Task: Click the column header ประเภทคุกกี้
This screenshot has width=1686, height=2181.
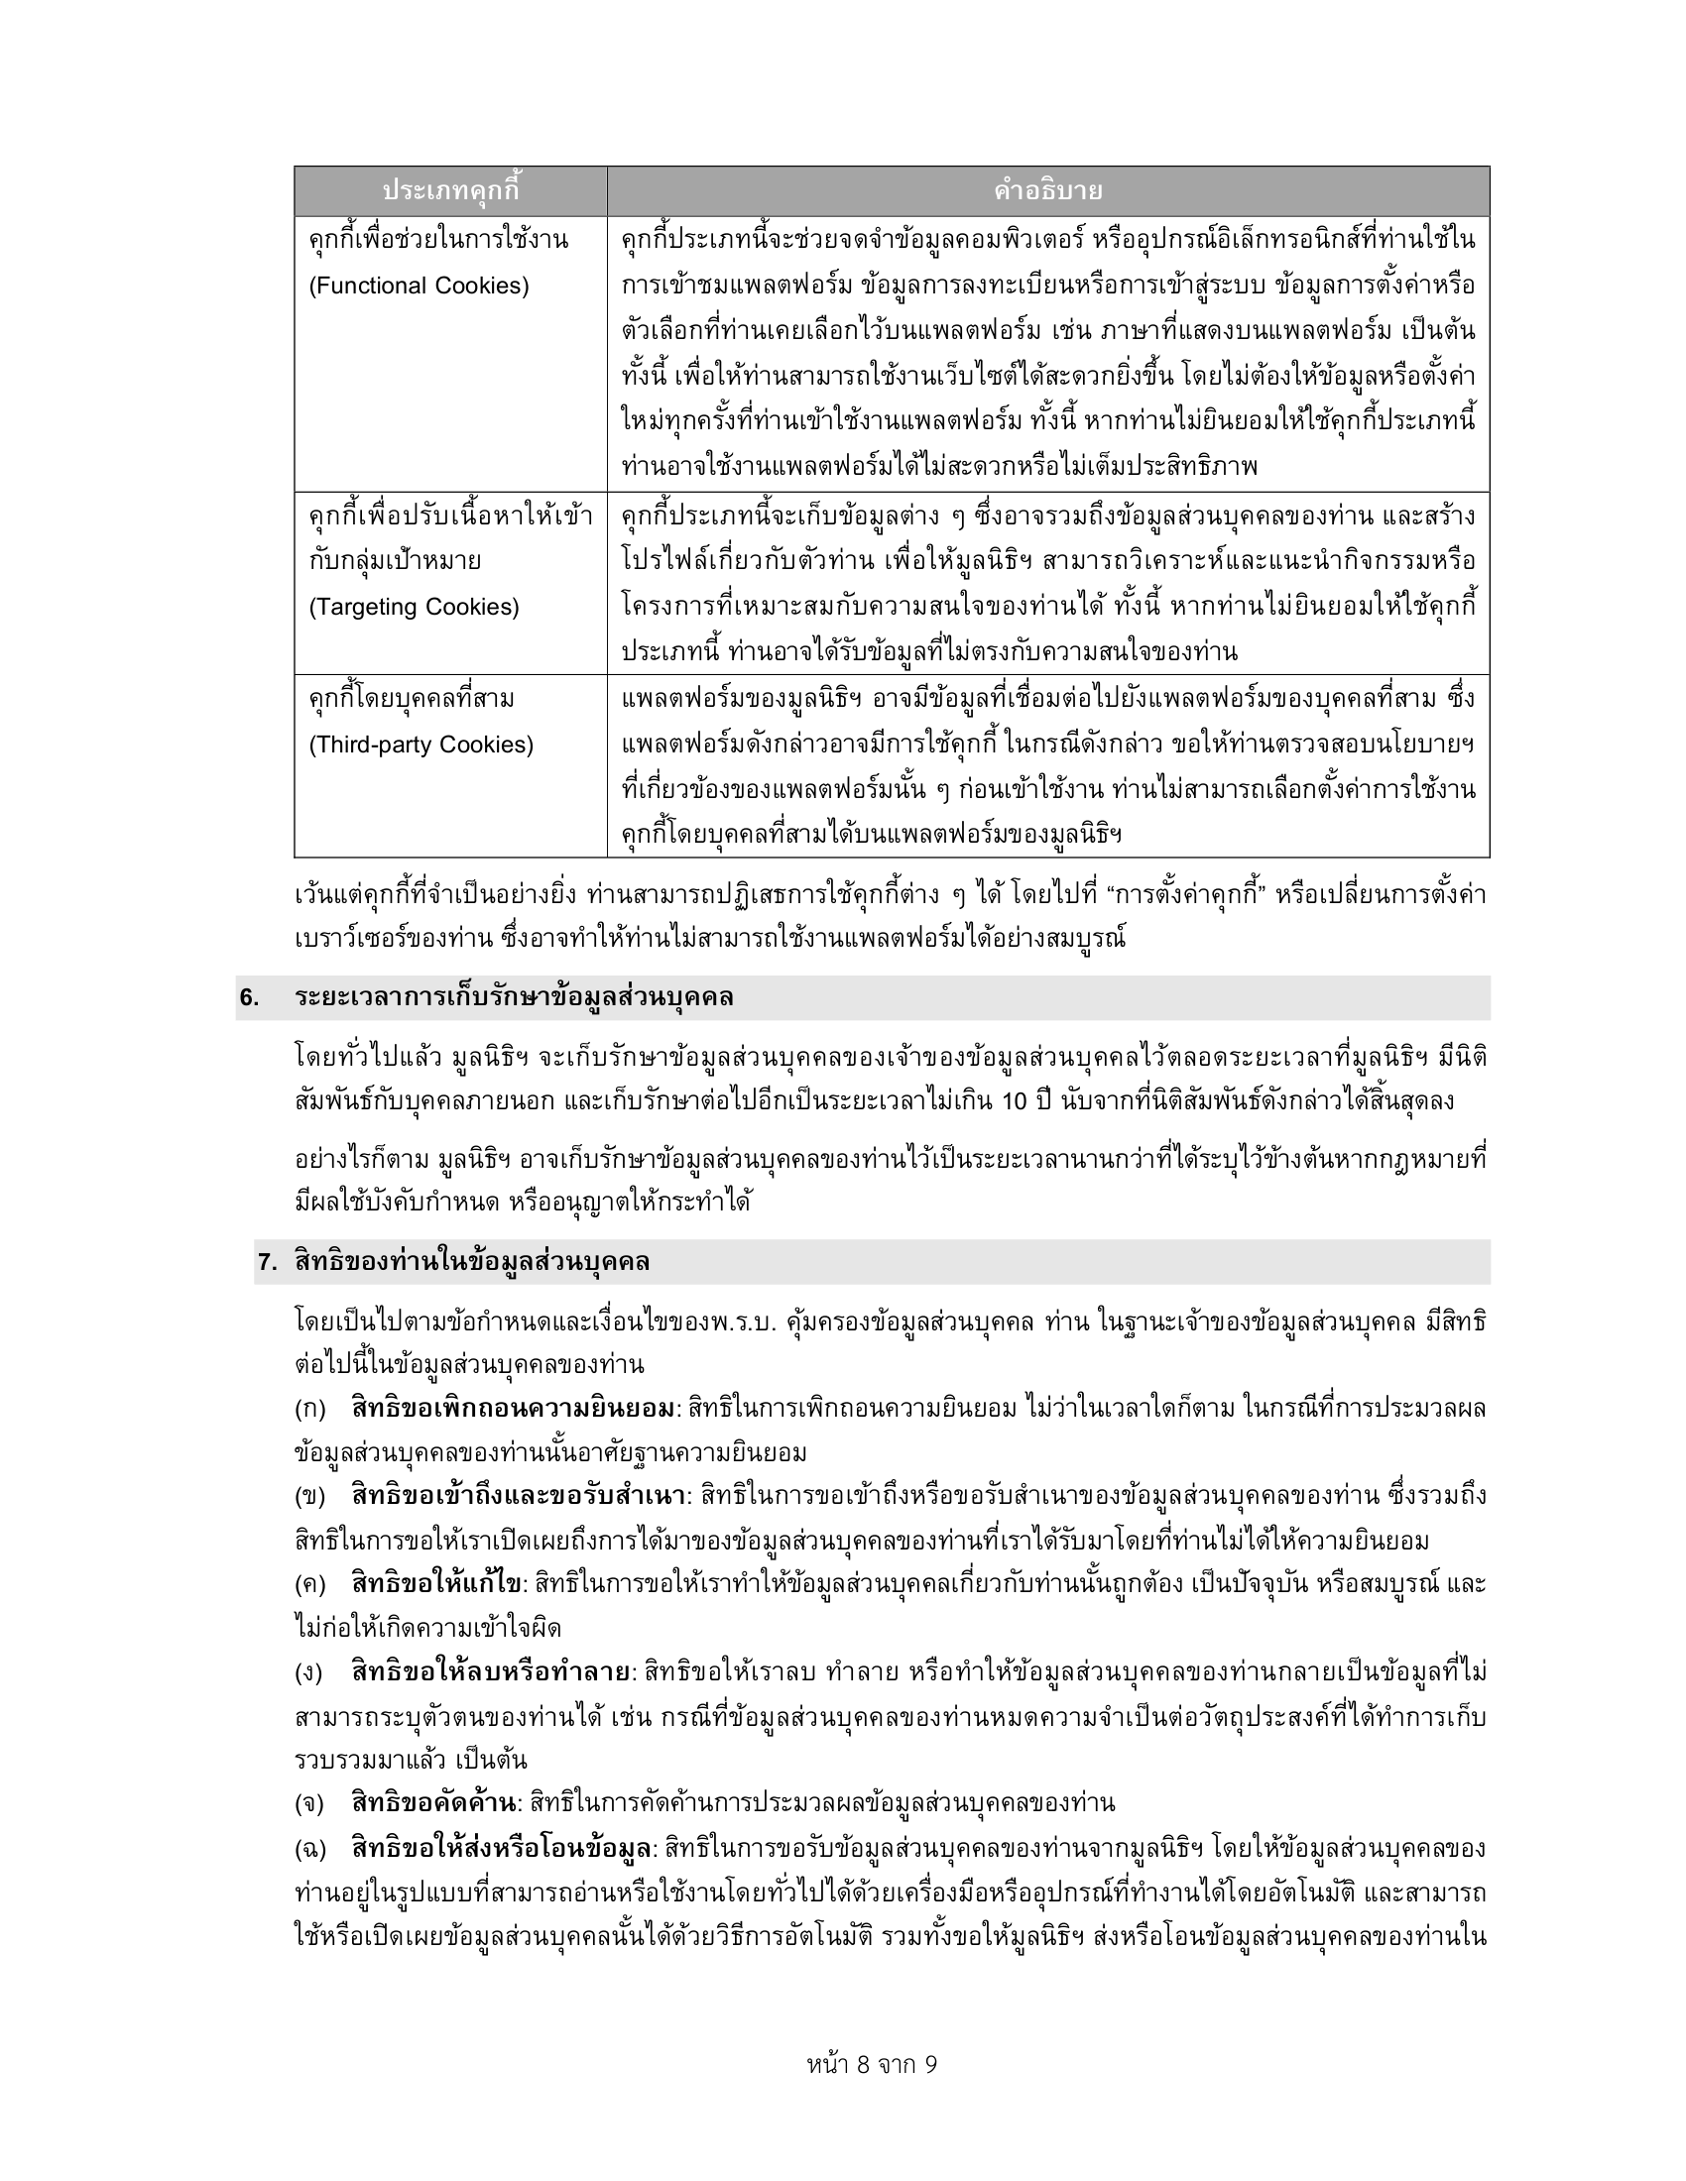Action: (451, 190)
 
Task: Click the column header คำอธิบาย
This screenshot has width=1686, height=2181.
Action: (1046, 190)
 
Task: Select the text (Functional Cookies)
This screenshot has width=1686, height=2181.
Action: (419, 287)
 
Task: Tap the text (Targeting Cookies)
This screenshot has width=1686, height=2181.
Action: (414, 607)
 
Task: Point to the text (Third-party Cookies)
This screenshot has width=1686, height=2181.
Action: (421, 745)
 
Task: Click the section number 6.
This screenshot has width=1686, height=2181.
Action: (250, 997)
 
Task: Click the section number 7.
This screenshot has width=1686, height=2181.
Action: (267, 1262)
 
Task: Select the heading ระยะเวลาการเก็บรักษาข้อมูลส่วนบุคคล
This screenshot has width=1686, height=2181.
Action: (515, 997)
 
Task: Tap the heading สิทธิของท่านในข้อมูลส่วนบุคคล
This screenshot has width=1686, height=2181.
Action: (472, 1262)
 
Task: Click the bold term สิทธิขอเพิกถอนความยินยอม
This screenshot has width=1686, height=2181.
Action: (514, 1409)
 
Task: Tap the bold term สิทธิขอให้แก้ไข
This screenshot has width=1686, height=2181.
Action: (436, 1584)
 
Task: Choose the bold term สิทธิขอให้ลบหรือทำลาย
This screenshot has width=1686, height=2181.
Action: (493, 1671)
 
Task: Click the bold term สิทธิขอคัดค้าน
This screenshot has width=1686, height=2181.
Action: (435, 1802)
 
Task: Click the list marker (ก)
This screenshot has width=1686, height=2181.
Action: (310, 1409)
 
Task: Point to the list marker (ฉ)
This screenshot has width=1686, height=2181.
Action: (310, 1848)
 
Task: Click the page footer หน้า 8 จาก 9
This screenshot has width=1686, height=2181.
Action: (872, 2064)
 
